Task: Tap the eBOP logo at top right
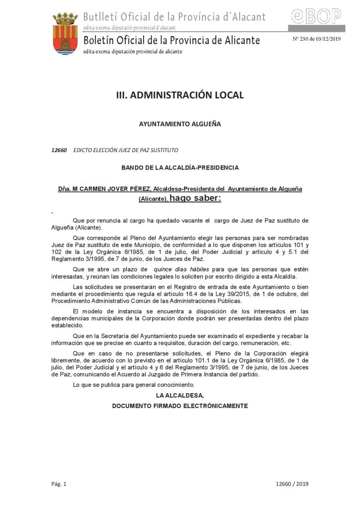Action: [316, 17]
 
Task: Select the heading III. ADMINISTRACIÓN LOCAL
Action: [180, 95]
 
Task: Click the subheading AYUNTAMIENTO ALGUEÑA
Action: [180, 124]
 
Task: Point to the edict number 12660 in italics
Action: [59, 150]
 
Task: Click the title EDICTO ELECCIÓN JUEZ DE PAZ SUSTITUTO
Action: [125, 150]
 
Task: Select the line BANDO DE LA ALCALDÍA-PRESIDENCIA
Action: [180, 168]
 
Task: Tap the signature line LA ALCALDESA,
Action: [180, 395]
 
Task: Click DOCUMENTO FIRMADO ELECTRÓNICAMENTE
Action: [180, 406]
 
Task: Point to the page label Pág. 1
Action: [59, 484]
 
